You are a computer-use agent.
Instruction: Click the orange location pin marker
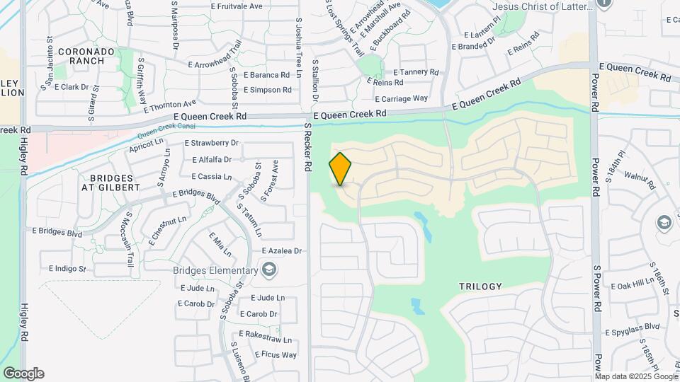coord(341,169)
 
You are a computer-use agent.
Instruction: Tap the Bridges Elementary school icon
coord(269,270)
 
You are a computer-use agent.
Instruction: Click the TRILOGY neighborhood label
coord(480,286)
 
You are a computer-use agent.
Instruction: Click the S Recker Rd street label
coord(308,147)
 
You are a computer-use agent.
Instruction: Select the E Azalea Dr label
coord(281,251)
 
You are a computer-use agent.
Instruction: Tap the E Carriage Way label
coord(401,98)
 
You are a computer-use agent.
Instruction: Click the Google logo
coord(23,374)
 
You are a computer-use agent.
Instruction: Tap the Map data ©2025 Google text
coord(630,376)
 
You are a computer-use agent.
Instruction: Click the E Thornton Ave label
coord(169,105)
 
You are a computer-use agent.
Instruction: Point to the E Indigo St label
coord(67,269)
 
